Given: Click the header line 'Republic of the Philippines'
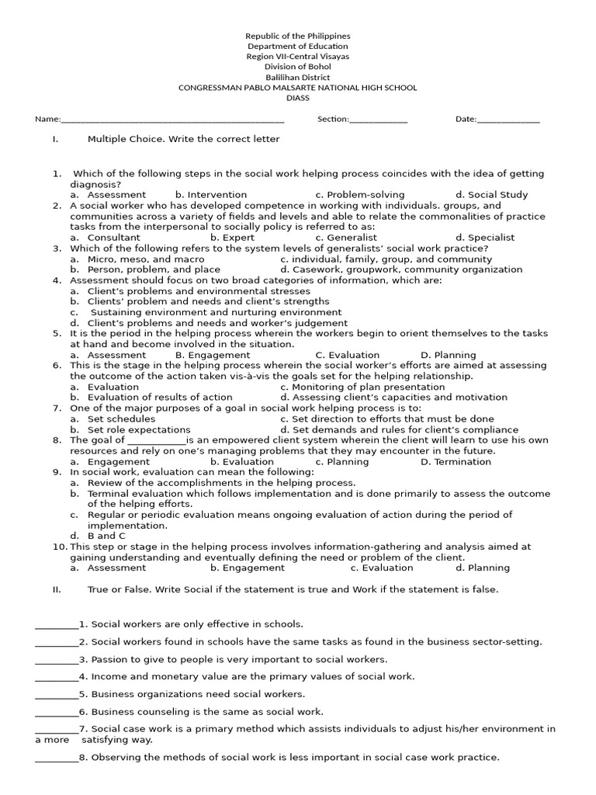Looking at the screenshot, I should click(298, 36).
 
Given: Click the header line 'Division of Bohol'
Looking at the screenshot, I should click(298, 67).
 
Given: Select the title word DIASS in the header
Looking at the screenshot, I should click(298, 98).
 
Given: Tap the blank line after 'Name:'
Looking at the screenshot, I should click(172, 120).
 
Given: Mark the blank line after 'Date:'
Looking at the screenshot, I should click(508, 120).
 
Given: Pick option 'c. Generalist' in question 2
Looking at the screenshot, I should click(346, 238).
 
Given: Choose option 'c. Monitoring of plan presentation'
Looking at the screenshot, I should click(362, 387).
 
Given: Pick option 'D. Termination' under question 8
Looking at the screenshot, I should click(456, 462).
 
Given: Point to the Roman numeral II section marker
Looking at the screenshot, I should click(56, 589).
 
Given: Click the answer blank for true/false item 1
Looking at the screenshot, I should click(57, 625).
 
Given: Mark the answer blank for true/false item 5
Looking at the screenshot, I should click(57, 695).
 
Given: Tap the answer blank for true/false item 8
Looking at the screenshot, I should click(57, 759).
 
